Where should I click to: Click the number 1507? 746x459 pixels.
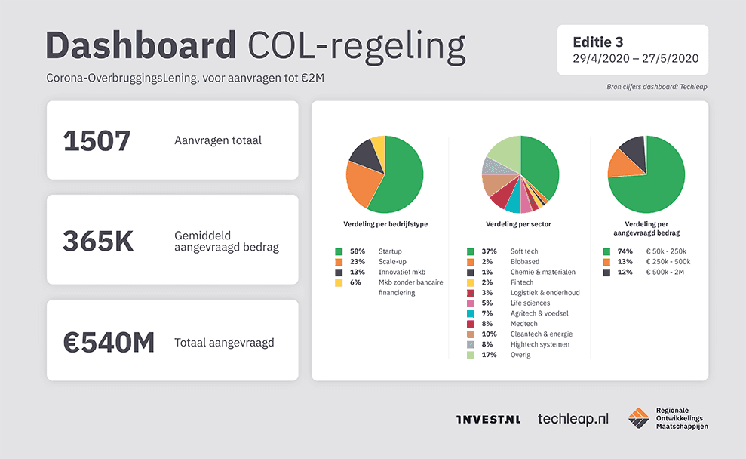[x=97, y=141]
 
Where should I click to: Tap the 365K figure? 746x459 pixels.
[x=98, y=242]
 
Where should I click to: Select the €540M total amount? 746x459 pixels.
[x=109, y=342]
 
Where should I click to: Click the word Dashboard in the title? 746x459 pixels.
[x=141, y=46]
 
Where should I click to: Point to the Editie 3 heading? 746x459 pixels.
[x=598, y=42]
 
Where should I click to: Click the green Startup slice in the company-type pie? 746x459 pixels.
[x=404, y=177]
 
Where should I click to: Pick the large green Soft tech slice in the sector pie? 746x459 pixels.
[x=540, y=166]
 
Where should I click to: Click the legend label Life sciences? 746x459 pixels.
[x=530, y=303]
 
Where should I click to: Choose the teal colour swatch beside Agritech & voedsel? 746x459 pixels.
[x=471, y=313]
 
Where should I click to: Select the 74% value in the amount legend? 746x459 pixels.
[x=625, y=251]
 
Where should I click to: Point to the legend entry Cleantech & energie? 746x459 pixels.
[x=541, y=334]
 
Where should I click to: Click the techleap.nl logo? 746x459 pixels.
[x=573, y=418]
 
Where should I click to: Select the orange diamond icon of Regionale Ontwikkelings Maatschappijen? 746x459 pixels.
[x=639, y=417]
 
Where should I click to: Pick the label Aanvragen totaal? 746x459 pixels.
[x=218, y=140]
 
